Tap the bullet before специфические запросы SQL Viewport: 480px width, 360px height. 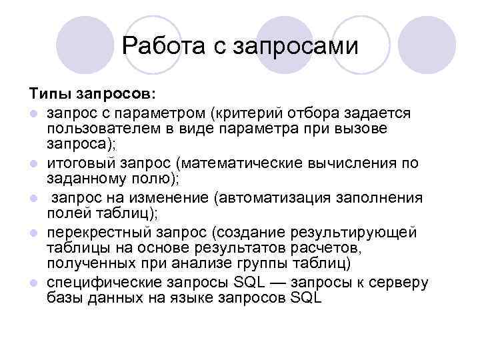(x=33, y=283)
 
